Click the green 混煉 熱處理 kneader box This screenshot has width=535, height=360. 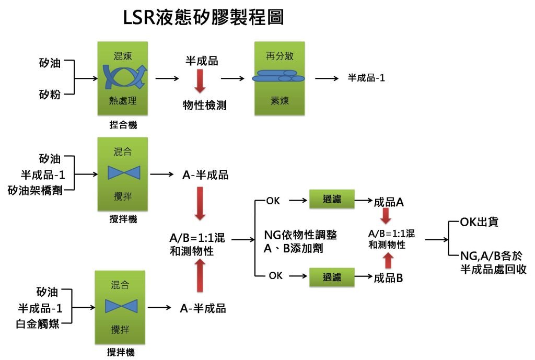click(x=122, y=78)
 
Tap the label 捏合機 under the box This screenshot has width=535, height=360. click(x=122, y=125)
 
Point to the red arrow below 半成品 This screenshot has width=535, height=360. click(x=200, y=81)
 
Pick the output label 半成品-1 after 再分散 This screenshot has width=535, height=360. click(x=366, y=78)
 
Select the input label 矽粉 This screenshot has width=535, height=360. click(x=50, y=95)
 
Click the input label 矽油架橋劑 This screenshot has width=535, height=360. click(x=36, y=190)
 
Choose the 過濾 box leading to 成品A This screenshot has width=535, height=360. click(x=332, y=199)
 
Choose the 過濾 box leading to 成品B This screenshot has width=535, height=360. click(x=332, y=276)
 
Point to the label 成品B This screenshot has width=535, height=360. click(x=388, y=278)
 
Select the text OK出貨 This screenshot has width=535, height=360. click(x=479, y=222)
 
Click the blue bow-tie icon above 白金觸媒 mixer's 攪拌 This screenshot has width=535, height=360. click(x=121, y=306)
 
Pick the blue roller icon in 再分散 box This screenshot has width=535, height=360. click(x=278, y=76)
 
